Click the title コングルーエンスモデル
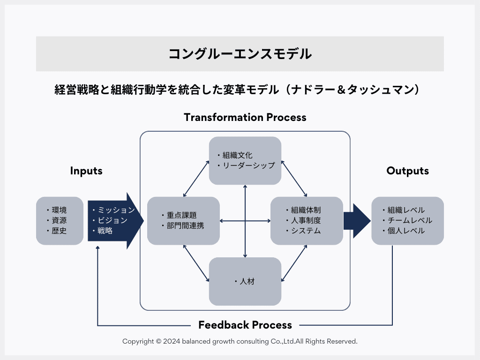click(240, 54)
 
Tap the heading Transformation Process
click(245, 117)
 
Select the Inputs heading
click(86, 171)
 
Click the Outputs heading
click(407, 171)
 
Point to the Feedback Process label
click(245, 325)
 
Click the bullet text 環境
click(59, 210)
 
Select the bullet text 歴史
click(59, 231)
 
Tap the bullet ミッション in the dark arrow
click(116, 210)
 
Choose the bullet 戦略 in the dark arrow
click(105, 231)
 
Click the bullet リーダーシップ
click(249, 165)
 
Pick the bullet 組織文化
click(238, 155)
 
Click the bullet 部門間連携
click(186, 225)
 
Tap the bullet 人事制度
click(306, 220)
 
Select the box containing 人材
click(245, 281)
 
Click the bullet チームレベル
click(410, 220)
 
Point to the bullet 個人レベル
click(406, 231)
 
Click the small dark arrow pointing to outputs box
click(357, 221)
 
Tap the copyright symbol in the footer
click(158, 341)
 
